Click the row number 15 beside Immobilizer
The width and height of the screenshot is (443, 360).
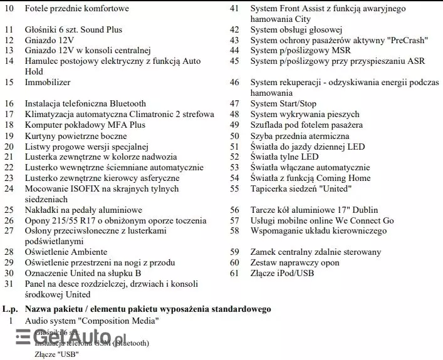tap(9, 83)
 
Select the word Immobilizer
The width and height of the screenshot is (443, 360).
tap(48, 83)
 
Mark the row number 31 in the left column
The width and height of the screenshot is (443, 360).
tap(9, 284)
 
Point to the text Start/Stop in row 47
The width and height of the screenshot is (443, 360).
tap(296, 104)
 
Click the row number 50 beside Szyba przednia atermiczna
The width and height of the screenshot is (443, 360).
tap(235, 136)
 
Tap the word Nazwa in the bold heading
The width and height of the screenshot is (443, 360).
tap(38, 309)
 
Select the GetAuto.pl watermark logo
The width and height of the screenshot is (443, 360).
tap(63, 338)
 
